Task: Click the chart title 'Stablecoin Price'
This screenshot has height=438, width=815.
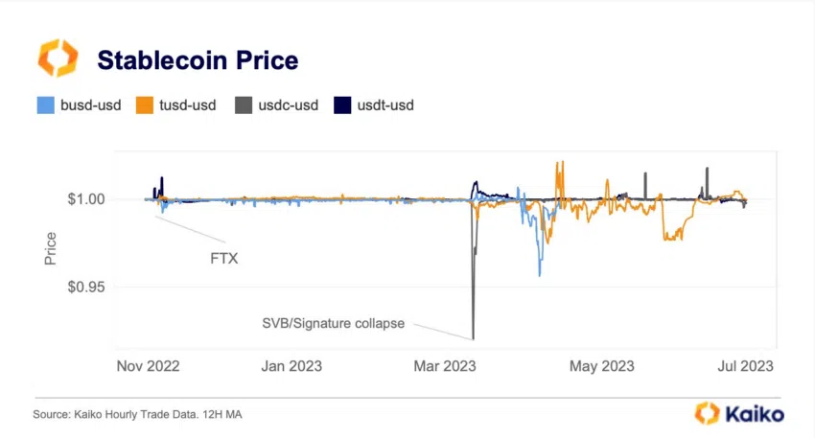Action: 198,61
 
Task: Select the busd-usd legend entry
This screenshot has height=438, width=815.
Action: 79,104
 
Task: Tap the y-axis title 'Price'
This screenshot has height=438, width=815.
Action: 50,248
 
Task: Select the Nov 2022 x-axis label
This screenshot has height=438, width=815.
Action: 148,366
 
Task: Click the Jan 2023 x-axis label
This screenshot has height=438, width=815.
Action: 291,366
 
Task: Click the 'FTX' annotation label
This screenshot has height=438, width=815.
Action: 224,258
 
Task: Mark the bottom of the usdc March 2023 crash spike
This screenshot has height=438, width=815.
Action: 473,337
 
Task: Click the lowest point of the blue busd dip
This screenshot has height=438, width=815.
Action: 539,275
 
